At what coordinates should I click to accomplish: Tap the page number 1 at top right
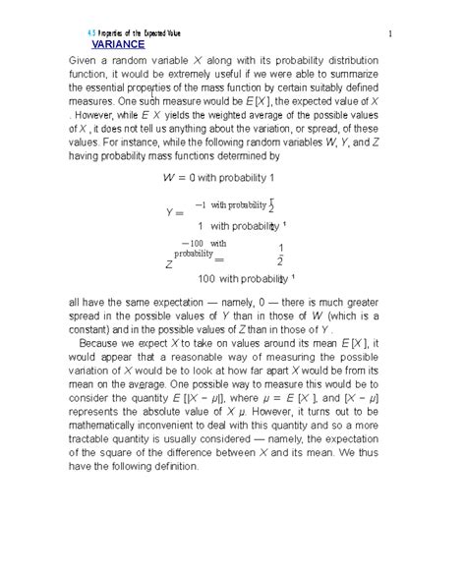(x=390, y=37)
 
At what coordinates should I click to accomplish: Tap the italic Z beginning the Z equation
(x=169, y=264)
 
